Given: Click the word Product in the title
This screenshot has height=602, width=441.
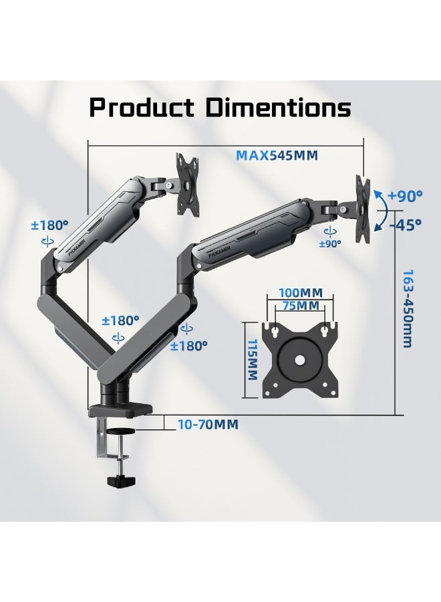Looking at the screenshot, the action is [x=142, y=107].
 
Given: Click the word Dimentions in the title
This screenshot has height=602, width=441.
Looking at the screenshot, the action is [x=279, y=107].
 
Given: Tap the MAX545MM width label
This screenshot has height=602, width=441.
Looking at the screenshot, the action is [x=277, y=155].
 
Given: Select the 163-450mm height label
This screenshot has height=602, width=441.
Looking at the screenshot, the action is [x=407, y=308].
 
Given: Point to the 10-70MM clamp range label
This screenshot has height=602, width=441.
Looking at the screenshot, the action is [x=208, y=425].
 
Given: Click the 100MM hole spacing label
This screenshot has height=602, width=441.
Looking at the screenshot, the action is [x=301, y=292].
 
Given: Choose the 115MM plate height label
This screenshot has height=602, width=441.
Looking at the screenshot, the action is [x=253, y=360].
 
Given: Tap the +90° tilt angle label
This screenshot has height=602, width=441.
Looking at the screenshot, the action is [x=404, y=195].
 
